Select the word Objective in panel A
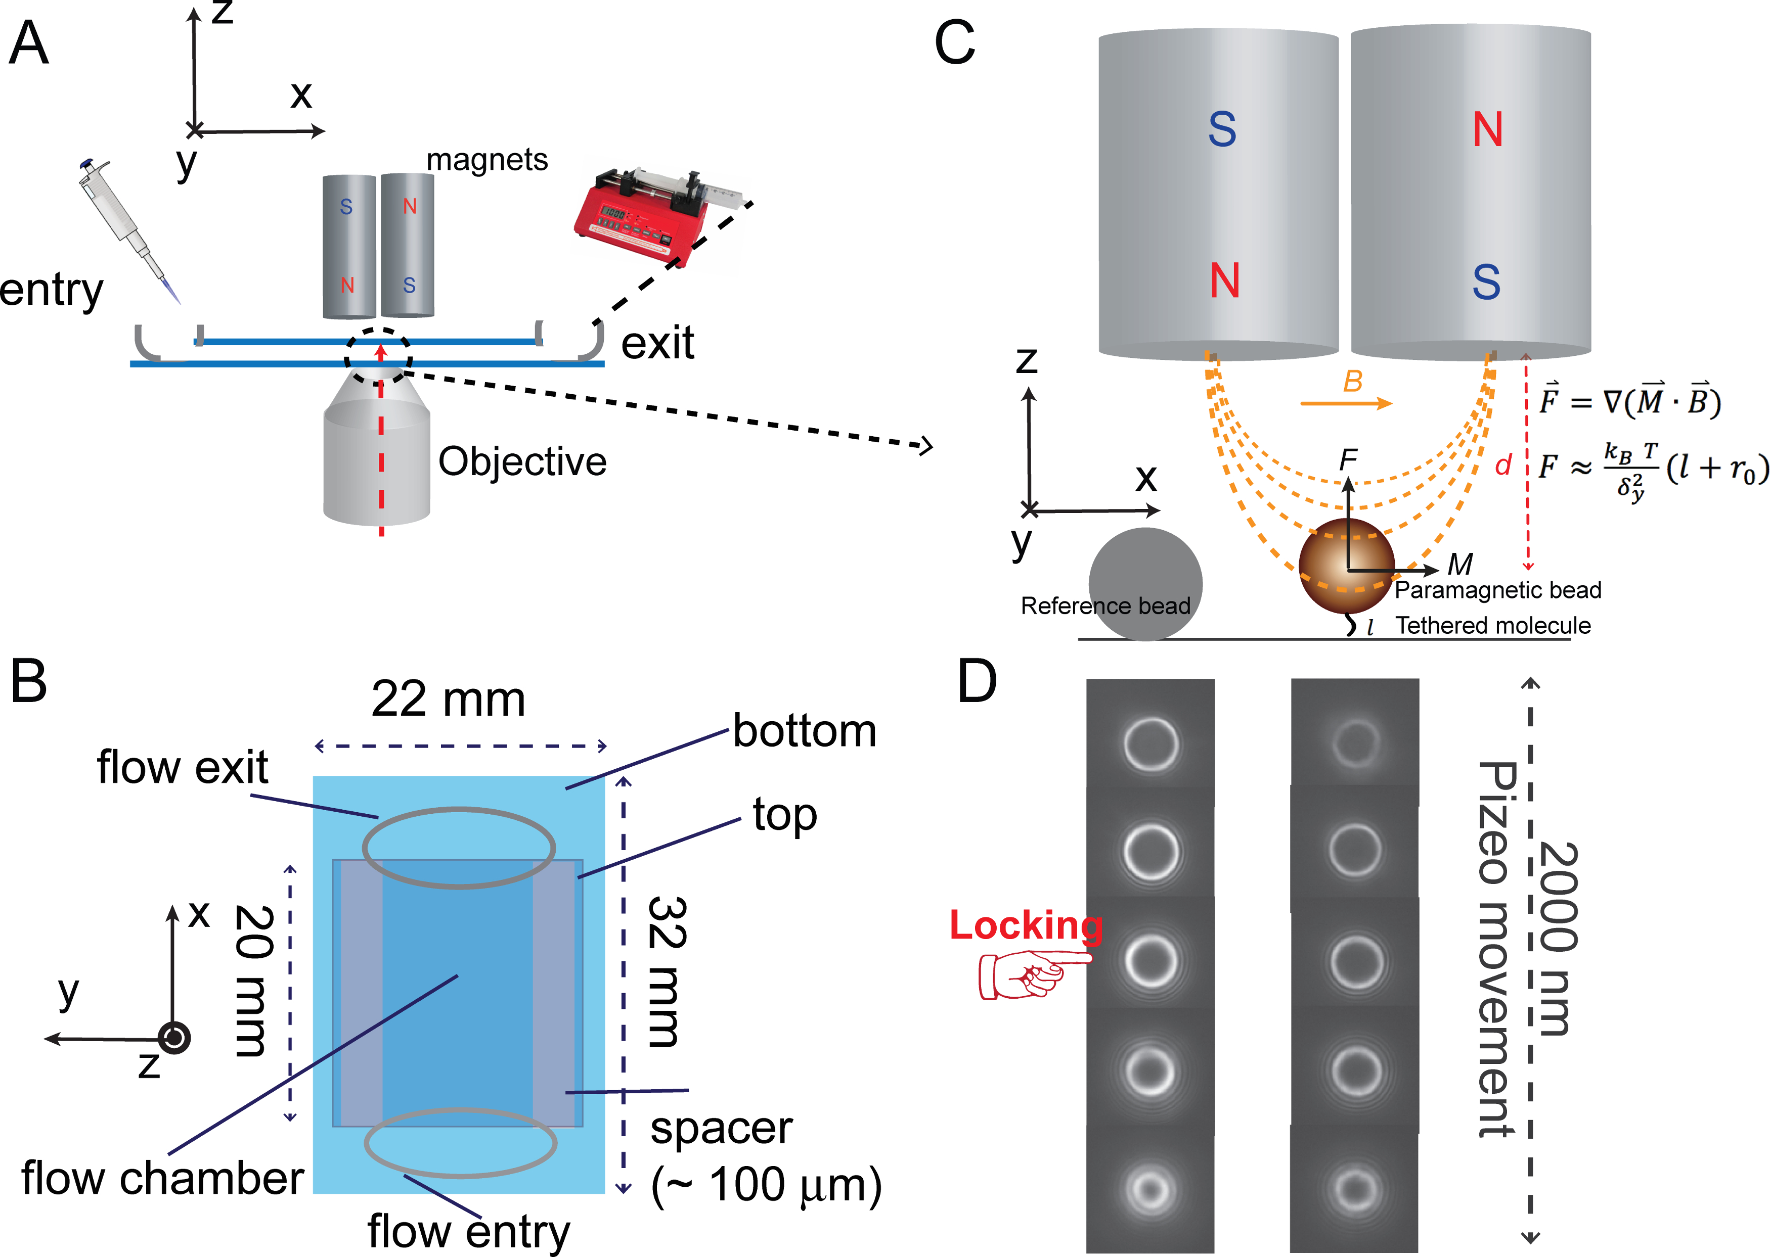pos(522,462)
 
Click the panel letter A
pos(29,43)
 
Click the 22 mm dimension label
pos(448,700)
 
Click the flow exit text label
pos(182,768)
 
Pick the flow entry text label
pos(468,1231)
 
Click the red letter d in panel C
pos(1503,465)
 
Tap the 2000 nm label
pos(1558,938)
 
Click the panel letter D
pos(977,682)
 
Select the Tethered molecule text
pos(1493,625)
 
